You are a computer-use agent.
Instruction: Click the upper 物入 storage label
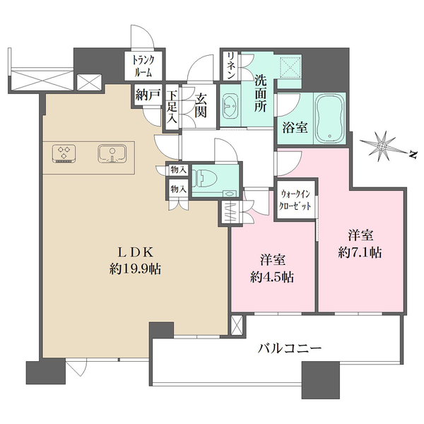[x=177, y=170]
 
